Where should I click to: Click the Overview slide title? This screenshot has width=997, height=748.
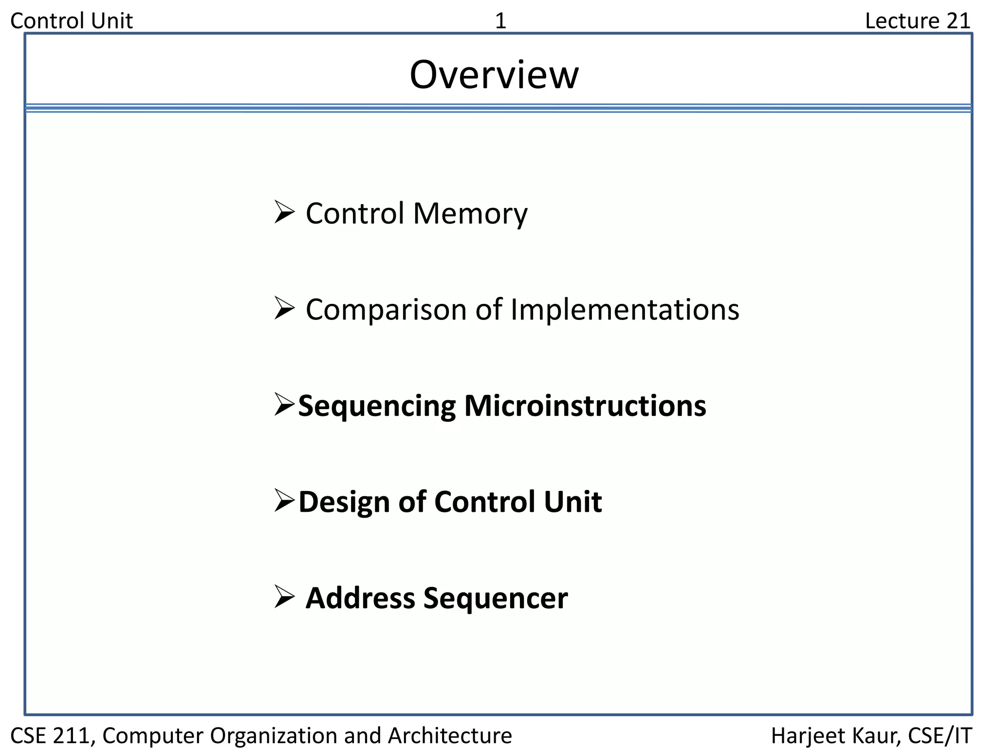(x=494, y=75)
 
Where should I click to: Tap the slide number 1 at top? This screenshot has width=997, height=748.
(x=500, y=21)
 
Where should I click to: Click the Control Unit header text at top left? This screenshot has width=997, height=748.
(x=72, y=21)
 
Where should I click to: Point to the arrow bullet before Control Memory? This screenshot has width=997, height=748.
(x=284, y=212)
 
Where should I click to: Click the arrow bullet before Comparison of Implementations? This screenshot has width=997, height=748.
(x=284, y=308)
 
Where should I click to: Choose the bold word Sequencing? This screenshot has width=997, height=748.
(x=377, y=406)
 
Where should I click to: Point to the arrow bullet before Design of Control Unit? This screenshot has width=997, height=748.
(x=284, y=500)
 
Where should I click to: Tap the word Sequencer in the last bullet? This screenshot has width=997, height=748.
(x=496, y=598)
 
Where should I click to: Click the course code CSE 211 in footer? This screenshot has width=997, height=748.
(x=51, y=735)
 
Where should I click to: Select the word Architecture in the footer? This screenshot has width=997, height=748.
(x=450, y=735)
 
